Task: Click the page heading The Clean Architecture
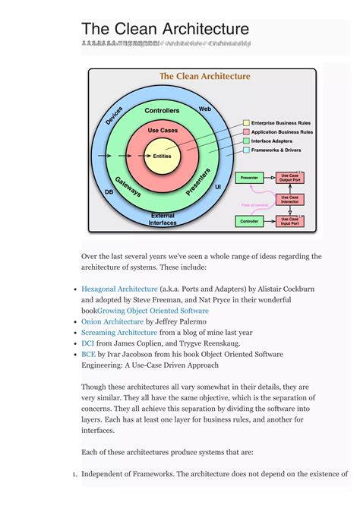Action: tap(165, 29)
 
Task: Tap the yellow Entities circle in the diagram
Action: tap(163, 156)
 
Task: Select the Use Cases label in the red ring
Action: tap(163, 131)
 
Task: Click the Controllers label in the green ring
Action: tap(162, 111)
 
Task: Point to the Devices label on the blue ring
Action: tap(115, 115)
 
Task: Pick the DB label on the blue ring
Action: tap(109, 192)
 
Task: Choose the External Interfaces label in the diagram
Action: tap(163, 219)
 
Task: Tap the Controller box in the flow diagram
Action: tap(248, 222)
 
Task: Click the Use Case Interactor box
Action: tap(290, 199)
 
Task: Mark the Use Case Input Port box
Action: tap(290, 222)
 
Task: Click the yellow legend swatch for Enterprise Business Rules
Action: tap(246, 123)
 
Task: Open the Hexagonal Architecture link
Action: tap(119, 289)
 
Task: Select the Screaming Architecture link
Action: tap(119, 333)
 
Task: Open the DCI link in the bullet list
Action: tap(89, 343)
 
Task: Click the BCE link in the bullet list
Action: tap(88, 354)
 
